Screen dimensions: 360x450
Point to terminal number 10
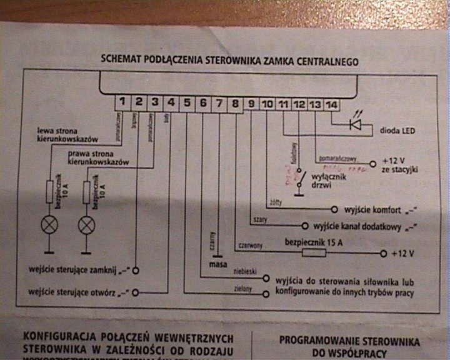[x=267, y=104]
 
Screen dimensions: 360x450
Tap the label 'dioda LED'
[x=398, y=131]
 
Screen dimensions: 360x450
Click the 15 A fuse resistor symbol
[x=314, y=253]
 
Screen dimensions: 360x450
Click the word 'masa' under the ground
[x=217, y=265]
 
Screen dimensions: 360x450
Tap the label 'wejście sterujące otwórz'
[x=77, y=292]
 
